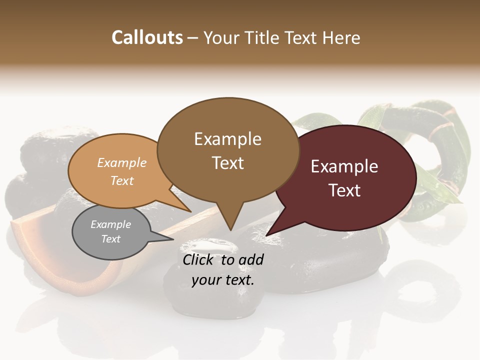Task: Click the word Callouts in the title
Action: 147,37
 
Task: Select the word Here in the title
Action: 341,37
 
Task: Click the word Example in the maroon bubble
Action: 344,166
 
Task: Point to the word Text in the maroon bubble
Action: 344,190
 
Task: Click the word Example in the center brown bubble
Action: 227,139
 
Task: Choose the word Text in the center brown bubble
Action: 227,163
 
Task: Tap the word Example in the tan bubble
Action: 122,162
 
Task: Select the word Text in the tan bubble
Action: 122,180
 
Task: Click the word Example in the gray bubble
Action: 110,224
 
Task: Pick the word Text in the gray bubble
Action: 110,239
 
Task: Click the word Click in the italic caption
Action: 199,259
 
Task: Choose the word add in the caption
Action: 251,259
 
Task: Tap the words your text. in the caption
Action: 223,280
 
